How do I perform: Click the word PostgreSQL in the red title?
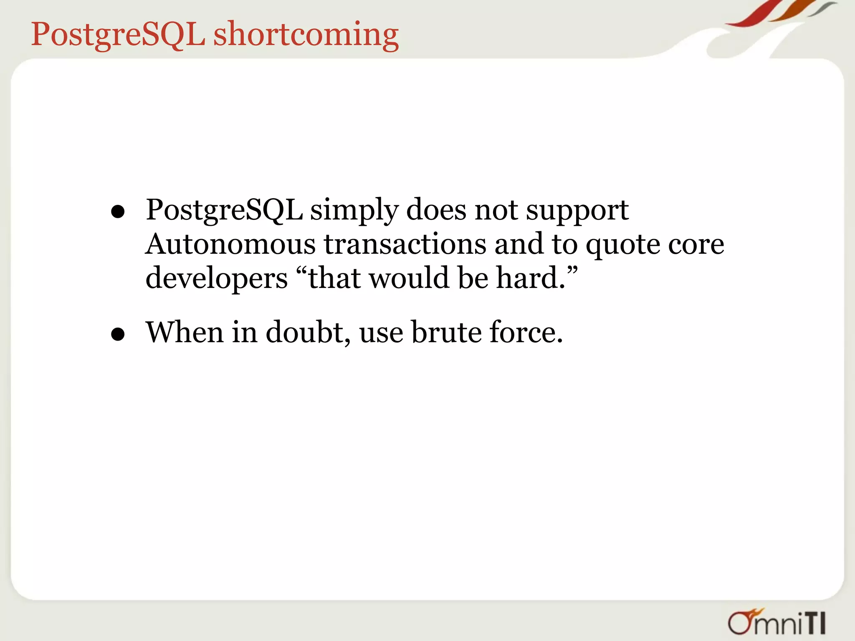[118, 34]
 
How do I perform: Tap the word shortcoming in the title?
[306, 35]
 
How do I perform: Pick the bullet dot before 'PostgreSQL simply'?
[118, 212]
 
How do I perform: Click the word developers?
[216, 279]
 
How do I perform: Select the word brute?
[446, 332]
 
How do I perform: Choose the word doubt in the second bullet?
[308, 332]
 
